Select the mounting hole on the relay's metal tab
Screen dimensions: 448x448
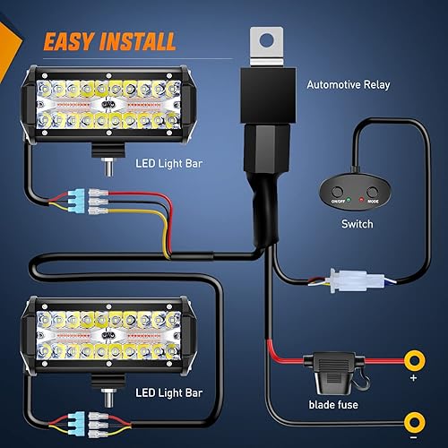266,39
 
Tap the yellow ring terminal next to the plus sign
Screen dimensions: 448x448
415,363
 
